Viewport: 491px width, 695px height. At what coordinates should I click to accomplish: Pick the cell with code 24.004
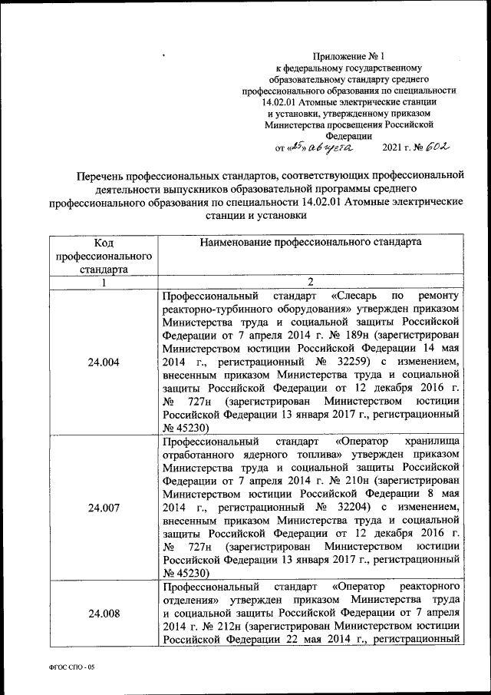click(x=104, y=363)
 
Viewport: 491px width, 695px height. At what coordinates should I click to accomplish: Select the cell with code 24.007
click(x=104, y=508)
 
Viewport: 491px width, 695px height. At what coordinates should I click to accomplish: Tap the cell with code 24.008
click(x=104, y=614)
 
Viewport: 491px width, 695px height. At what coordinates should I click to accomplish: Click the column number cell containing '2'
click(x=310, y=282)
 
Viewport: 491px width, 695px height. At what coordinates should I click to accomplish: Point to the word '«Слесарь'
click(x=358, y=296)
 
